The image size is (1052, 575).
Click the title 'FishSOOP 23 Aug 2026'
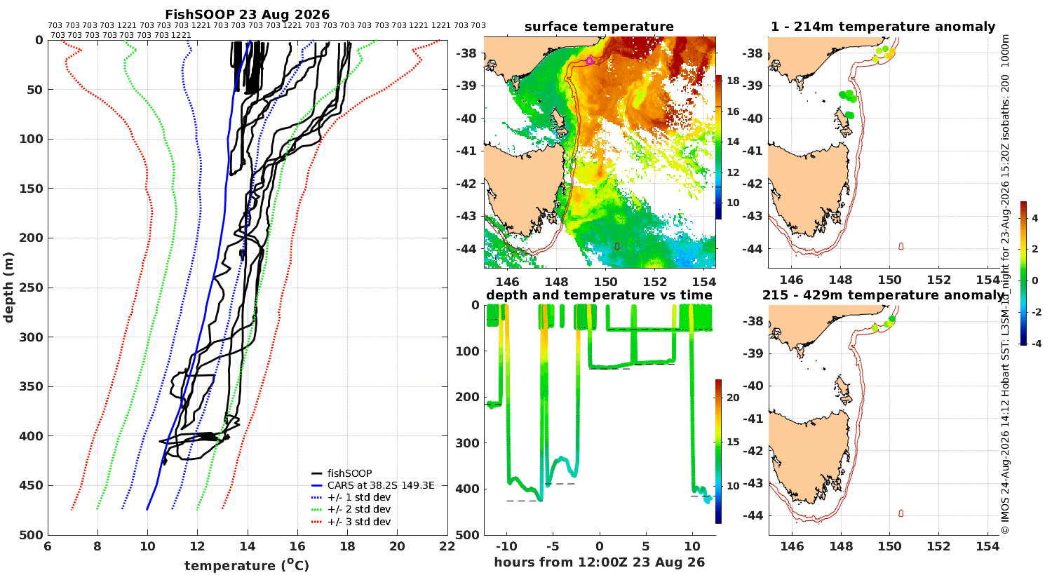[x=248, y=14]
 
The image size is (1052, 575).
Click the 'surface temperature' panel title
[x=599, y=27]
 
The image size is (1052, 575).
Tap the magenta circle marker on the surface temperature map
[x=590, y=61]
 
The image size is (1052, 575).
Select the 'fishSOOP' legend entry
[x=349, y=473]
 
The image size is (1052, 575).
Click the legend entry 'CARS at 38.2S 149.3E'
[x=380, y=485]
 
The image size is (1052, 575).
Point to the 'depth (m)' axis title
[x=8, y=287]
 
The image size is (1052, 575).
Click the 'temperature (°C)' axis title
[x=247, y=565]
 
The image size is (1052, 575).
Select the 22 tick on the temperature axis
[x=447, y=546]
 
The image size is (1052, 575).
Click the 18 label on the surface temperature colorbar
[x=733, y=81]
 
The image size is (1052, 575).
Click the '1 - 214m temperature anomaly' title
[x=883, y=27]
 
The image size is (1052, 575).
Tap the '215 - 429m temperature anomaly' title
[x=883, y=295]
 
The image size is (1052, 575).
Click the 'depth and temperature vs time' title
[x=599, y=295]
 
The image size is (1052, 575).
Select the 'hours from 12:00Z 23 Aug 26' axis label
[x=599, y=562]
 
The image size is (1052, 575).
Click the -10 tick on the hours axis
[x=506, y=546]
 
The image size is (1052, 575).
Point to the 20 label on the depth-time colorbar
[x=733, y=398]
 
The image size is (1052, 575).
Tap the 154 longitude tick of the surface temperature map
[x=703, y=282]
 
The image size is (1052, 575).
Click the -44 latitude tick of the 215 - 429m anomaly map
[x=754, y=515]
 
